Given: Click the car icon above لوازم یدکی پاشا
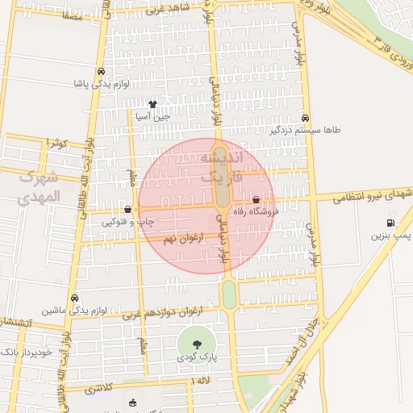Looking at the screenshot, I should pyautogui.click(x=100, y=72).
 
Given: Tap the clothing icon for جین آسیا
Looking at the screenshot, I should pyautogui.click(x=153, y=104).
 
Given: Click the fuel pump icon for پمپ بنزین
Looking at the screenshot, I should pyautogui.click(x=390, y=223).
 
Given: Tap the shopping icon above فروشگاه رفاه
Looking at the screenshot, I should pyautogui.click(x=256, y=199).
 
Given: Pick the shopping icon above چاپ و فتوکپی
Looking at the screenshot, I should pyautogui.click(x=127, y=210).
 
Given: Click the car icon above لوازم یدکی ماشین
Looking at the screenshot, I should pyautogui.click(x=74, y=298).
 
